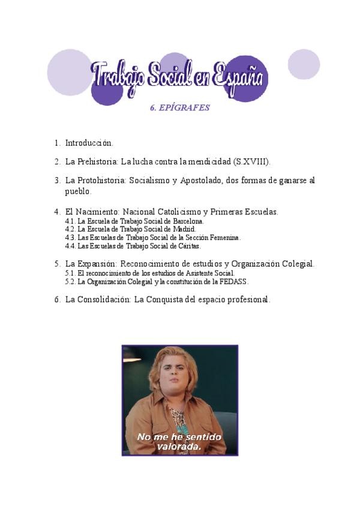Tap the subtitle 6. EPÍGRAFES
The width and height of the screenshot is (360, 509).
179,108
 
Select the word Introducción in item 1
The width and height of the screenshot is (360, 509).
89,143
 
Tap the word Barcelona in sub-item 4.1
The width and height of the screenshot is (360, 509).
187,221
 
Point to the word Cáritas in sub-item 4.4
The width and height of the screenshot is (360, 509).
188,246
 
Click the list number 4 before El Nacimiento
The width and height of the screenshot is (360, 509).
56,212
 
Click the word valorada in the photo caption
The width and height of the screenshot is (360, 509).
179,447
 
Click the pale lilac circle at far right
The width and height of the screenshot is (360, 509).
304,64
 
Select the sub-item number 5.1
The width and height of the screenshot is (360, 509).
70,273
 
